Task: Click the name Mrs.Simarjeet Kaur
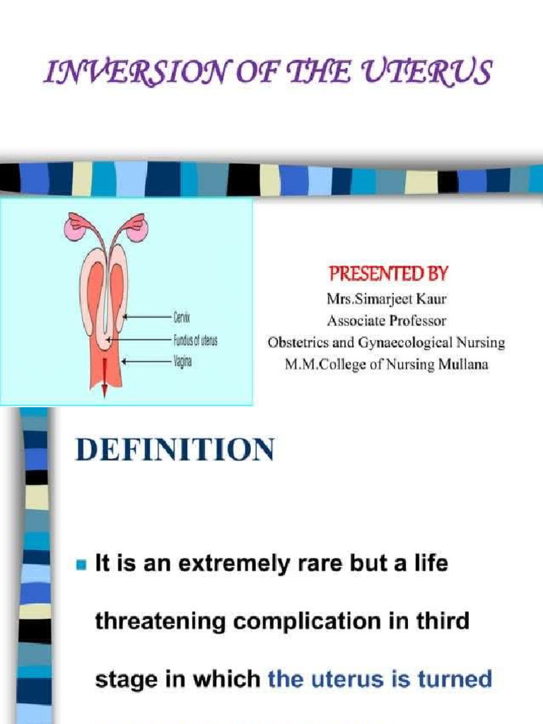coord(387,299)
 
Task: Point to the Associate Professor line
coord(387,320)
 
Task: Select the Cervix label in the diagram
coord(181,319)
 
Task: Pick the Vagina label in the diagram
coord(182,361)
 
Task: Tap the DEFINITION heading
coord(175,450)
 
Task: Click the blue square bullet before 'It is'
coord(81,565)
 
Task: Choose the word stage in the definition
coord(122,680)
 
